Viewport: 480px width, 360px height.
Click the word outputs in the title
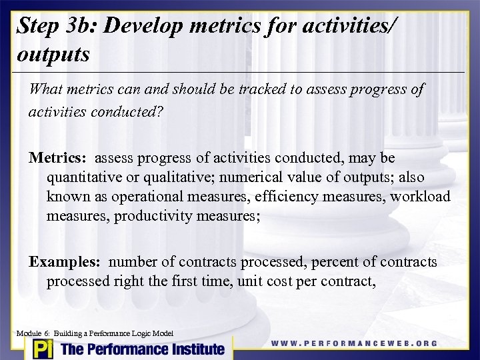(x=53, y=54)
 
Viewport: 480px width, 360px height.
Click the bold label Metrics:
(x=57, y=158)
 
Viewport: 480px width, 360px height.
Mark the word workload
(x=421, y=197)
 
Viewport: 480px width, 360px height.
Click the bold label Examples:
(x=65, y=262)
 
